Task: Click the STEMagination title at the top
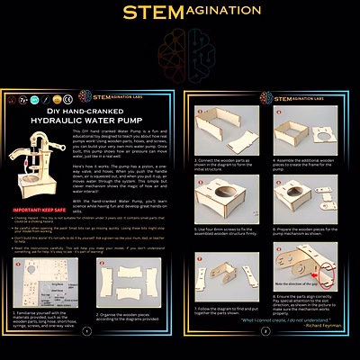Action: click(x=179, y=13)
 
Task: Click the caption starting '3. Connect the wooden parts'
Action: click(x=221, y=163)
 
